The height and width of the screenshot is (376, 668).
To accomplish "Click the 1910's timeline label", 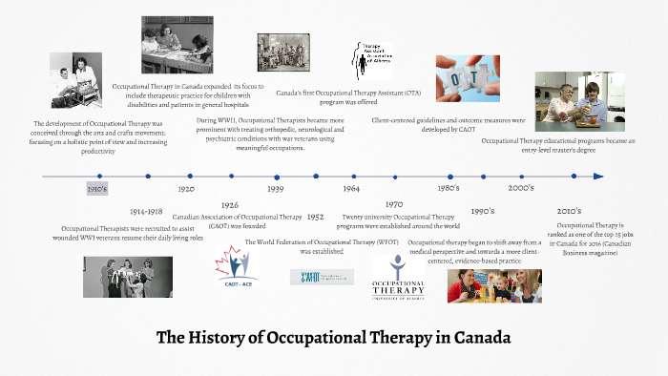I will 97,189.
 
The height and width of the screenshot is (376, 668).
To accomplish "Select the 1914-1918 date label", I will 147,211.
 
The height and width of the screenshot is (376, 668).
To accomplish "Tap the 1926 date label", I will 229,205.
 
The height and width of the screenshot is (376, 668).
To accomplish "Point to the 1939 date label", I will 276,189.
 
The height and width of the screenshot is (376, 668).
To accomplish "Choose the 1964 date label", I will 350,189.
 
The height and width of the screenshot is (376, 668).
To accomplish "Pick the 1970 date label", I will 394,205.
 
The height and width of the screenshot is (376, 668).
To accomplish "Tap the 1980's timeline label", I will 449,189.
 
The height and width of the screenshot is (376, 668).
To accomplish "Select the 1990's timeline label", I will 483,211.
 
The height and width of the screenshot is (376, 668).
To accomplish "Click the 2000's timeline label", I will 521,189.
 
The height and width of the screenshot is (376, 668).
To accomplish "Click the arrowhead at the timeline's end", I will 598,177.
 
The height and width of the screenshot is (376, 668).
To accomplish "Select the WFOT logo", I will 322,277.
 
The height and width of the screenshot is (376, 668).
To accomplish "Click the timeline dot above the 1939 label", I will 277,177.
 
